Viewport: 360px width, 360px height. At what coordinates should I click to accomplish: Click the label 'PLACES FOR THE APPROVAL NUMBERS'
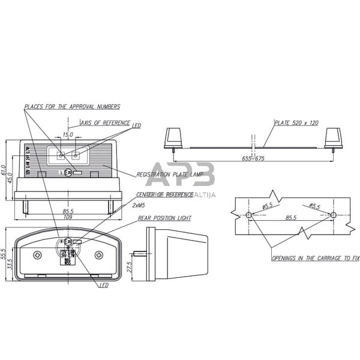pos(72,107)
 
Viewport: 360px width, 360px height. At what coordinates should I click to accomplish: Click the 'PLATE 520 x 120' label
pos(297,122)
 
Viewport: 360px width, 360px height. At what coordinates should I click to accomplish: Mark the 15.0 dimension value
pos(68,135)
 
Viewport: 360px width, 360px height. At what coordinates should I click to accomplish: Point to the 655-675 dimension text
pos(253,158)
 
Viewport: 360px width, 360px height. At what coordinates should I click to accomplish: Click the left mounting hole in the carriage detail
pos(249,215)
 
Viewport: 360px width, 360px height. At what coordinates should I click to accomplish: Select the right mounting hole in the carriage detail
pos(333,215)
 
